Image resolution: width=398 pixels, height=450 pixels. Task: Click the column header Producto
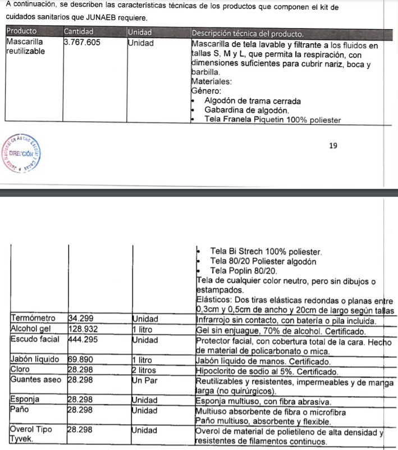22,31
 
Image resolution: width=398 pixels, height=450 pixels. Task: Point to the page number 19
333,146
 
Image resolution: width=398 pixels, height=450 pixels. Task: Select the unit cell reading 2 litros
144,371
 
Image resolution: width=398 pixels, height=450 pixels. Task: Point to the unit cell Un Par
143,380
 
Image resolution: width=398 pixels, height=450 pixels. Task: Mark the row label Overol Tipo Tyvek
31,436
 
